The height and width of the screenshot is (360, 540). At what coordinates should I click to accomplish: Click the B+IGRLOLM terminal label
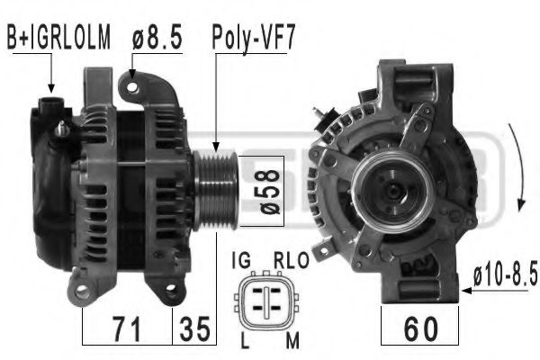[x=58, y=38]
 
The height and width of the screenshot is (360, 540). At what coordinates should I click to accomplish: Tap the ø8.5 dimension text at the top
[x=156, y=38]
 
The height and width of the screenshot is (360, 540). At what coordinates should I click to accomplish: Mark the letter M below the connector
[x=290, y=339]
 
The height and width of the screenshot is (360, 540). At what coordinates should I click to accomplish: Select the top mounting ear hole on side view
[x=134, y=86]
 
